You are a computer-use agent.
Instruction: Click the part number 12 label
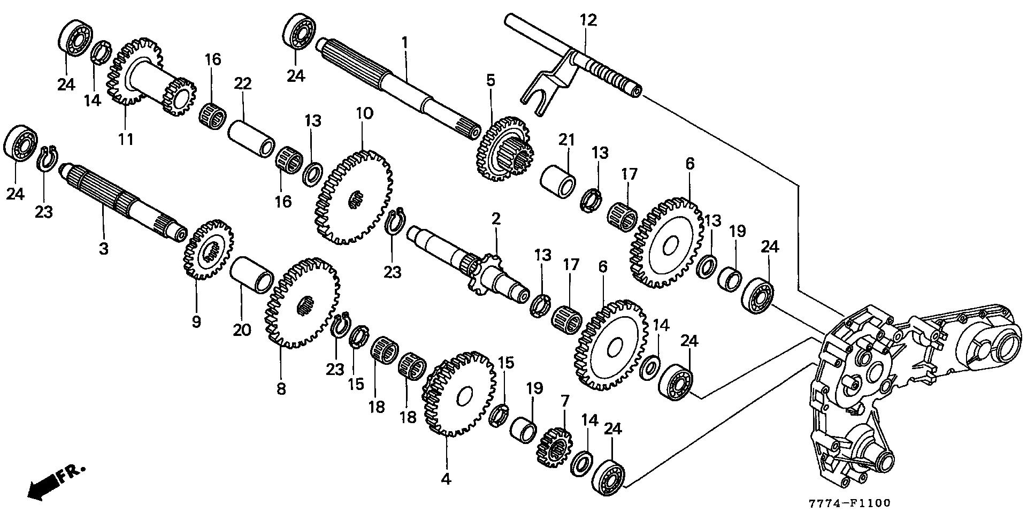coord(588,21)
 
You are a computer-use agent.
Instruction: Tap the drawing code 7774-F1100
coord(849,503)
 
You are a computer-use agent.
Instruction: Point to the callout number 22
coord(242,84)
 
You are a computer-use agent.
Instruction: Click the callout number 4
coord(446,479)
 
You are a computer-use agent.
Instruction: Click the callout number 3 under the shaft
coord(103,249)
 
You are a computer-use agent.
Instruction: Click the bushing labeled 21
coord(558,182)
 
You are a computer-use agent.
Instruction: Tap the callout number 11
coord(126,140)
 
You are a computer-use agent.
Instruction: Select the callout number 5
coord(490,81)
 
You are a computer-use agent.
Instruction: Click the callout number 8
coord(281,388)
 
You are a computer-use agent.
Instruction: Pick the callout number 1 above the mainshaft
coord(405,42)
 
